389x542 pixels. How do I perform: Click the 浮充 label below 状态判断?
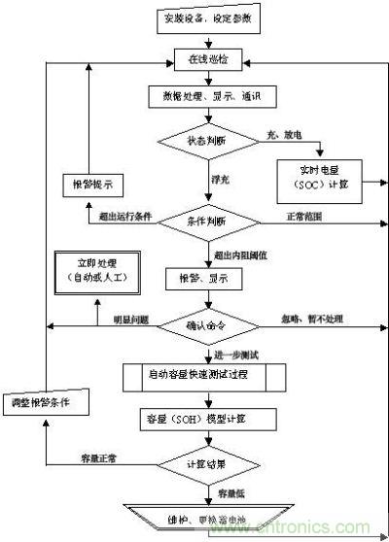[221, 180]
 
